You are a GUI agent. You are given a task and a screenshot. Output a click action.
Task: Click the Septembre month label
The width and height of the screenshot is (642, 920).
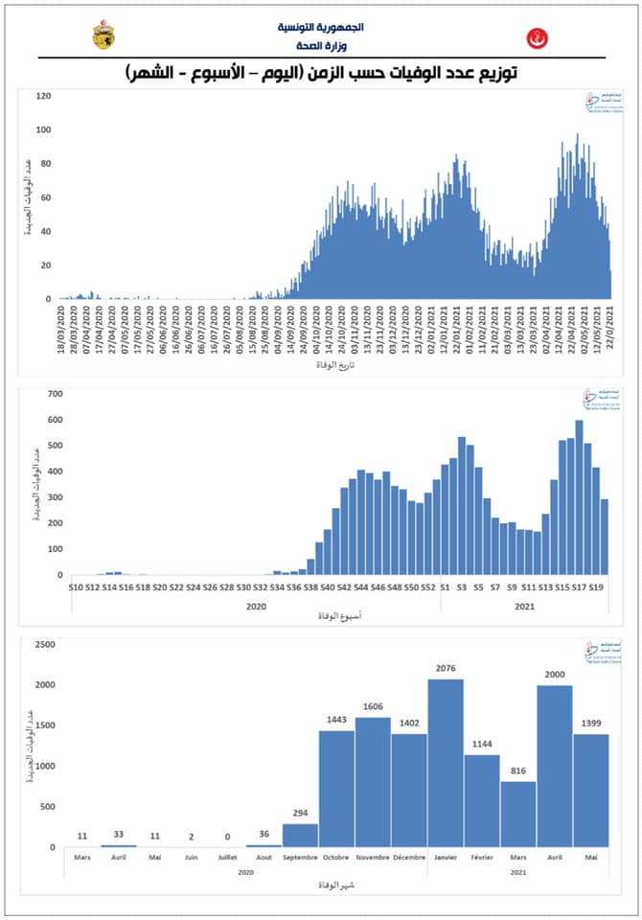pyautogui.click(x=300, y=857)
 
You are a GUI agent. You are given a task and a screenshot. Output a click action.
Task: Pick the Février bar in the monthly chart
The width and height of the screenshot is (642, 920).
pyautogui.click(x=482, y=801)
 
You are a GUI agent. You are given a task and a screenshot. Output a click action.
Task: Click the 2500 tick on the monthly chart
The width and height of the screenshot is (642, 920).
pyautogui.click(x=43, y=644)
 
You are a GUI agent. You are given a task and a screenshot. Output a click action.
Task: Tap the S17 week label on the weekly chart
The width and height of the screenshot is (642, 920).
pyautogui.click(x=579, y=586)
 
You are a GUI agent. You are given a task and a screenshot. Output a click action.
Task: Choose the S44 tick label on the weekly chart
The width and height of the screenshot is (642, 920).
pyautogui.click(x=361, y=586)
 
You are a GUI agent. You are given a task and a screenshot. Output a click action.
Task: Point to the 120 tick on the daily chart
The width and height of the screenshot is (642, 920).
pyautogui.click(x=43, y=96)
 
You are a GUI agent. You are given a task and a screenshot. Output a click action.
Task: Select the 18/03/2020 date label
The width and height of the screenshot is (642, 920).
pyautogui.click(x=61, y=330)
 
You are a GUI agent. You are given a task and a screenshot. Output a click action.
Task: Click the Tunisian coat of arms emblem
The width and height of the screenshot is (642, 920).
pyautogui.click(x=103, y=35)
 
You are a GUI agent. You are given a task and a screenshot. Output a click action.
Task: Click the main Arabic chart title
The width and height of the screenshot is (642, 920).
pyautogui.click(x=320, y=73)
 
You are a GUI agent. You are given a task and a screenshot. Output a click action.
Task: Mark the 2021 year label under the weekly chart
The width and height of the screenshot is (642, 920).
pyautogui.click(x=524, y=606)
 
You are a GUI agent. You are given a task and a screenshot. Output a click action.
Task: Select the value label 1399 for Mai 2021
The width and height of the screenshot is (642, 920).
pyautogui.click(x=592, y=725)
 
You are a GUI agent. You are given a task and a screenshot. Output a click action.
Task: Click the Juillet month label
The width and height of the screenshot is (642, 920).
pyautogui.click(x=227, y=857)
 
